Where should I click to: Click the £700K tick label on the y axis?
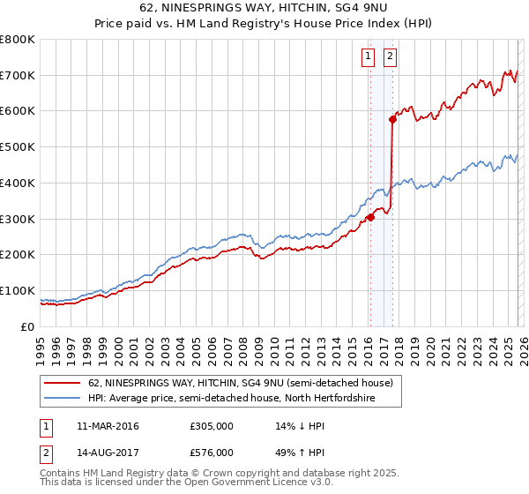point(18,76)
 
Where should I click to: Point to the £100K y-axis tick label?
point(18,290)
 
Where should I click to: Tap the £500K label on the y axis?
point(18,147)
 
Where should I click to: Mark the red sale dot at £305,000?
point(370,217)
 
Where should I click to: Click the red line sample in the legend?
point(63,383)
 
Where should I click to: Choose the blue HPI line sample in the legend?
point(63,399)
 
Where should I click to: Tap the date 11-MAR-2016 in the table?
point(108,426)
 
